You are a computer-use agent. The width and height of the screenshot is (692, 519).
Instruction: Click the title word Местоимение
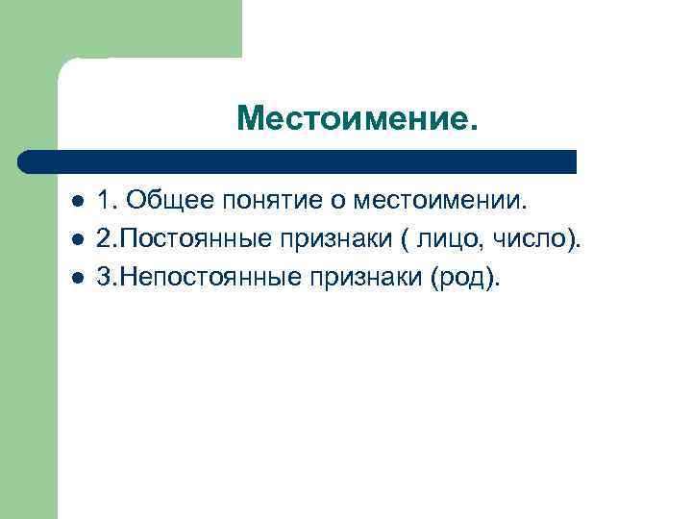tap(356, 119)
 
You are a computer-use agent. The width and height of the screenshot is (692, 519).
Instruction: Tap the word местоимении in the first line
tap(441, 202)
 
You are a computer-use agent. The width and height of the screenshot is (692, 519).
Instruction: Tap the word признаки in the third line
tap(352, 279)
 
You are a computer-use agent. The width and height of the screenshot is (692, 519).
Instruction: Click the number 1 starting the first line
tap(104, 202)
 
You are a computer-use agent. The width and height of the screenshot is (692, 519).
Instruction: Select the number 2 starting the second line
tap(104, 239)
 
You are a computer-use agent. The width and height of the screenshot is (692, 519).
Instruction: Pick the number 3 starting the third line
tap(104, 278)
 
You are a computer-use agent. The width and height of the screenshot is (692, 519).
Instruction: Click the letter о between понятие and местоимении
tap(340, 203)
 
